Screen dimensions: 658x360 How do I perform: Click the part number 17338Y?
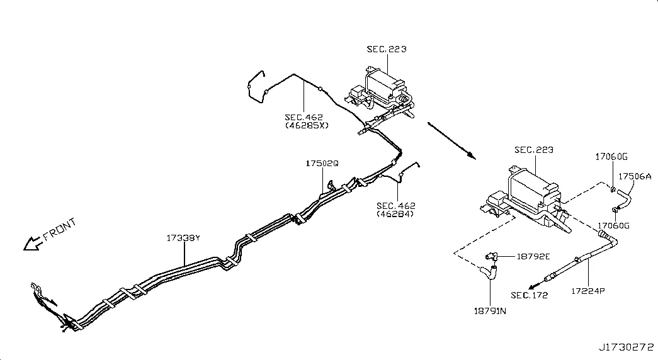pos(183,238)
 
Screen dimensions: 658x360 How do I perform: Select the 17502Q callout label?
pos(322,163)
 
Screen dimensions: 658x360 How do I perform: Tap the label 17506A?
pos(635,176)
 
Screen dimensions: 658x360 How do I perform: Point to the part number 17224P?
pos(588,291)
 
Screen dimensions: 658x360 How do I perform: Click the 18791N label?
pos(490,311)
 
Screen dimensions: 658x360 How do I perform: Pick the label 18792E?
pos(533,256)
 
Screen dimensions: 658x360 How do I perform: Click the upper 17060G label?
pos(611,157)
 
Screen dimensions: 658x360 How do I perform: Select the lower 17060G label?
pos(613,225)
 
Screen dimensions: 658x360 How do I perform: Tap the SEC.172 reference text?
pos(529,295)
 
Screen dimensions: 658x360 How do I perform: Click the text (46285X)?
pos(307,125)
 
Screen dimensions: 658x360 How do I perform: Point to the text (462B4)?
pos(395,213)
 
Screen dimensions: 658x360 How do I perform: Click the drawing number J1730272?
pos(626,347)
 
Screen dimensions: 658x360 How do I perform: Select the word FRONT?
pos(60,228)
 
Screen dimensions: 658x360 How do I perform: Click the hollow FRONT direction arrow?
pos(32,244)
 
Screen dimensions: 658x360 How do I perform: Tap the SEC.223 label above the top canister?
pos(387,49)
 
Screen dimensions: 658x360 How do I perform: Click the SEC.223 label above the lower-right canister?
pos(534,150)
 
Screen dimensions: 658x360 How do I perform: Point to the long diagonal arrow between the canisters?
pos(452,141)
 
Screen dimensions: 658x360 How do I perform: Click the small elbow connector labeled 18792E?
pos(491,256)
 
